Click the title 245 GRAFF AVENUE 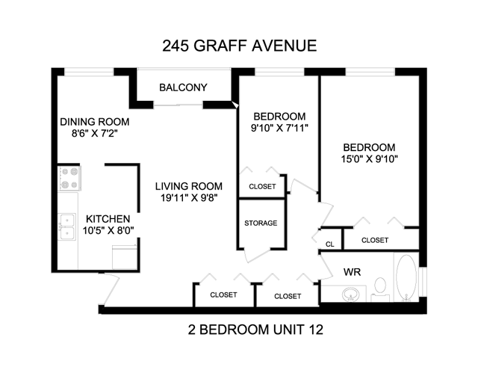tap(239, 46)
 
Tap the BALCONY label tap(183, 87)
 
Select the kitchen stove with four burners tap(69, 178)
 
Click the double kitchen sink tap(66, 226)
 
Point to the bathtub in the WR tap(406, 278)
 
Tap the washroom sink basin tap(350, 295)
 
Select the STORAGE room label tap(261, 223)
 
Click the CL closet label tap(330, 244)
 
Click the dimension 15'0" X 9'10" tap(370, 159)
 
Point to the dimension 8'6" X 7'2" tap(95, 133)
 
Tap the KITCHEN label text tap(108, 219)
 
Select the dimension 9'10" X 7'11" tap(279, 128)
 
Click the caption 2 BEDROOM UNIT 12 tap(255, 330)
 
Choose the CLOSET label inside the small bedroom tap(262, 186)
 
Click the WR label tap(352, 272)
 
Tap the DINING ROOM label tap(95, 122)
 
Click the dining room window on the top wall tap(89, 72)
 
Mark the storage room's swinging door tap(258, 255)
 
